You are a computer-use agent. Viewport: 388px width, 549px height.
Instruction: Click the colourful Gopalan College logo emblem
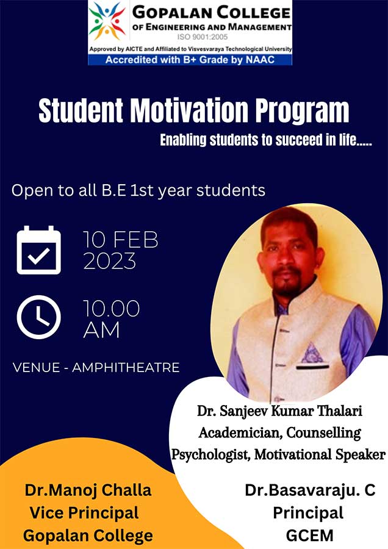(107, 21)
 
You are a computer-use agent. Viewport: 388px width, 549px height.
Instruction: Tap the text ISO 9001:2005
(203, 37)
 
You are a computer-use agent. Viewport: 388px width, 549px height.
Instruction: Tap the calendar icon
(38, 249)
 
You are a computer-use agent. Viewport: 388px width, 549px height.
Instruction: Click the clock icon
(38, 317)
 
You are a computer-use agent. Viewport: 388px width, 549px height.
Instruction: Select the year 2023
(110, 261)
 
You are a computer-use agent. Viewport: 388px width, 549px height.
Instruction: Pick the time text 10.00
(112, 309)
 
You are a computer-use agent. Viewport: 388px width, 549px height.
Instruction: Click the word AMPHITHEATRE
(126, 368)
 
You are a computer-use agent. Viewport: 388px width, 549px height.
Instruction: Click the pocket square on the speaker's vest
(312, 353)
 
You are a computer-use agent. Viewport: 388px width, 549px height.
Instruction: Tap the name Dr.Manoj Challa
(88, 490)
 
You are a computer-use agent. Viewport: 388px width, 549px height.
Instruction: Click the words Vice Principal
(84, 513)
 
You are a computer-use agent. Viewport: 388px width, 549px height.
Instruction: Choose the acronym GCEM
(309, 536)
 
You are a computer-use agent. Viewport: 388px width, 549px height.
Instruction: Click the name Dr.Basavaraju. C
(310, 490)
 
